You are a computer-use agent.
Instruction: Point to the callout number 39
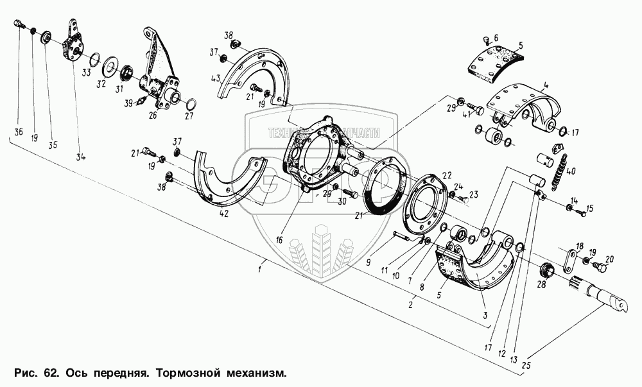pyautogui.click(x=129, y=103)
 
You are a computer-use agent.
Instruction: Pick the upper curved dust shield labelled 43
pyautogui.click(x=252, y=74)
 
